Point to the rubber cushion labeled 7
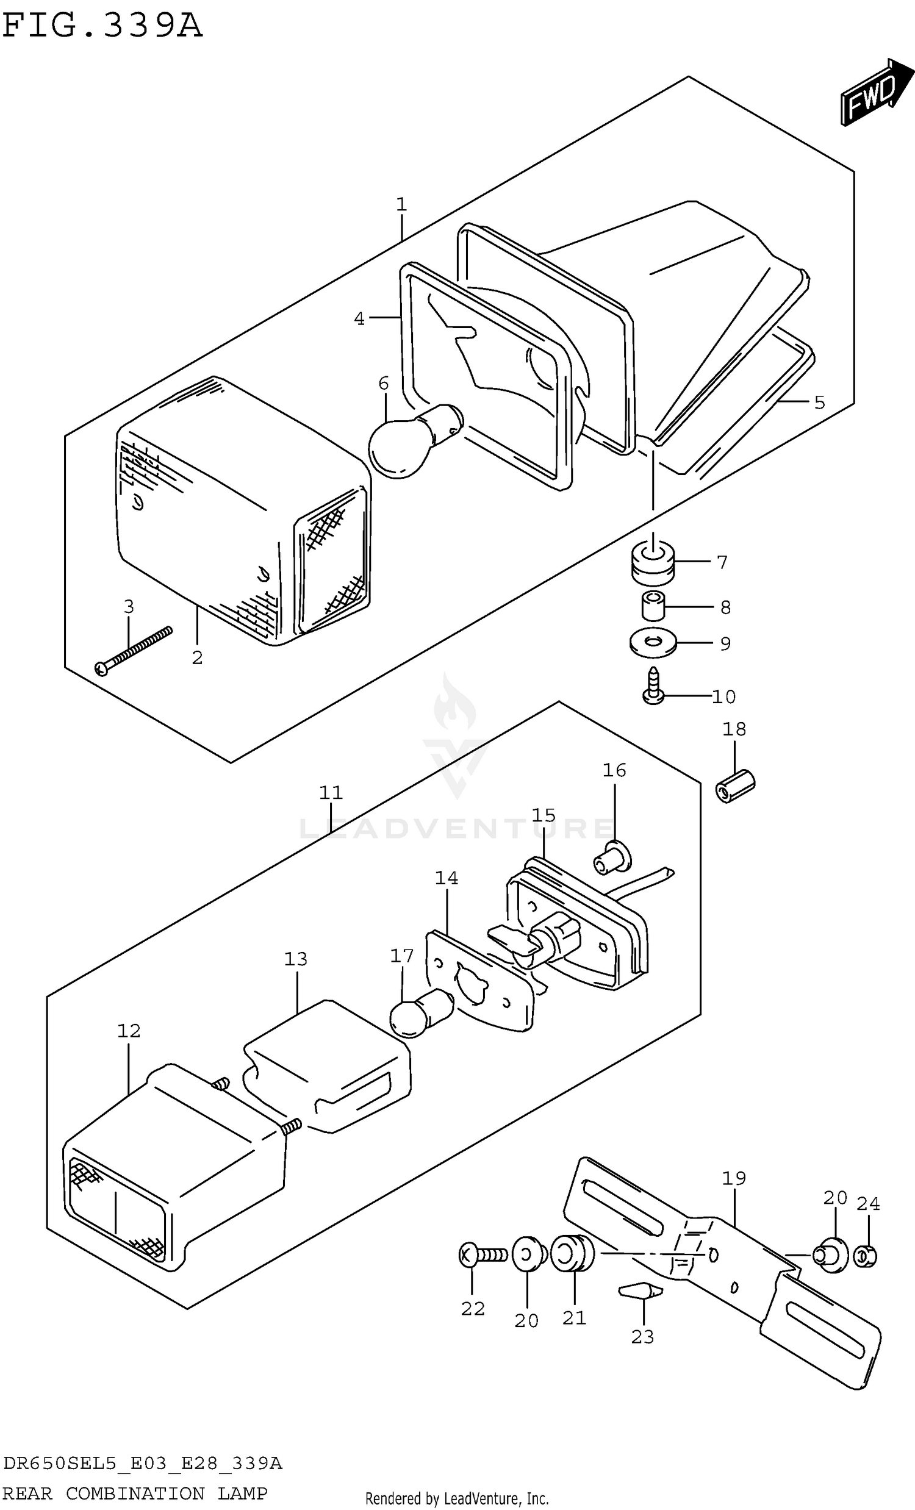coord(652,563)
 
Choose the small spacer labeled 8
coord(653,606)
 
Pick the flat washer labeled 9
coord(653,642)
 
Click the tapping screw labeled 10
coord(653,687)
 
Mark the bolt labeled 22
coord(482,1256)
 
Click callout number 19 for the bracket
coord(734,1178)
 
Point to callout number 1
coord(401,204)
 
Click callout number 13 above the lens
coord(295,959)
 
